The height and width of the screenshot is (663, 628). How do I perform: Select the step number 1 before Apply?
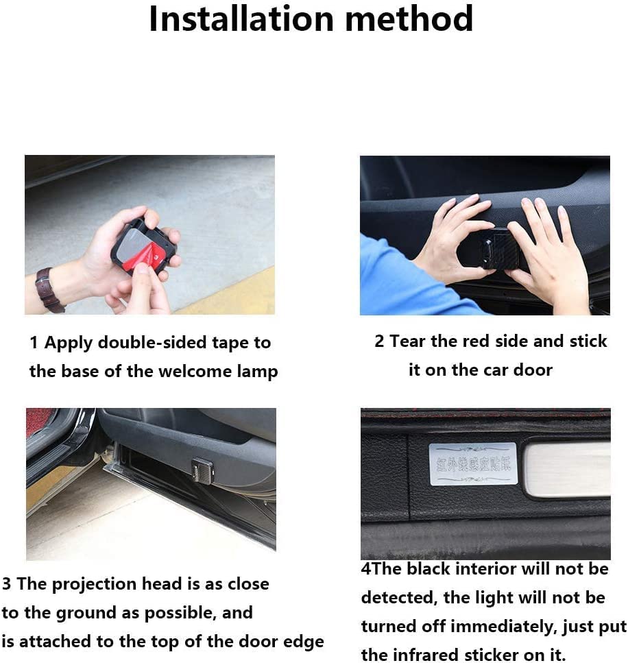[34, 343]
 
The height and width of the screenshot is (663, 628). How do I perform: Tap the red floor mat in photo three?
[38, 421]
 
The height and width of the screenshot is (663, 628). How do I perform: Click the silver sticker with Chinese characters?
[472, 464]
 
